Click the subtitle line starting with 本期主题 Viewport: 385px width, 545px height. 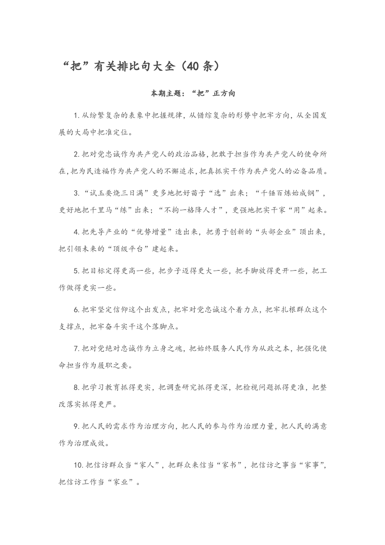(x=192, y=92)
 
